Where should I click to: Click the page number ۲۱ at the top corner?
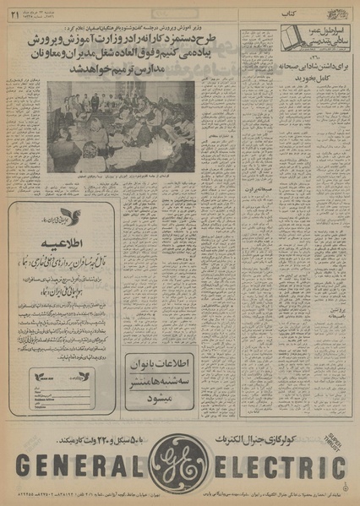pyautogui.click(x=15, y=11)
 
